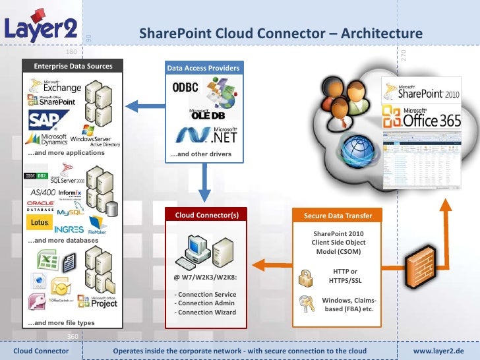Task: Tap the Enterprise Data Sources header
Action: click(x=73, y=66)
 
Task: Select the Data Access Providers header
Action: click(x=202, y=68)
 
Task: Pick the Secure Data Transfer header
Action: click(x=338, y=216)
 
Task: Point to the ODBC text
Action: click(x=186, y=87)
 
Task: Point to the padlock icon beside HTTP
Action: click(x=306, y=277)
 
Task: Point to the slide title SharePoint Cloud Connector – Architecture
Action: click(x=280, y=34)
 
